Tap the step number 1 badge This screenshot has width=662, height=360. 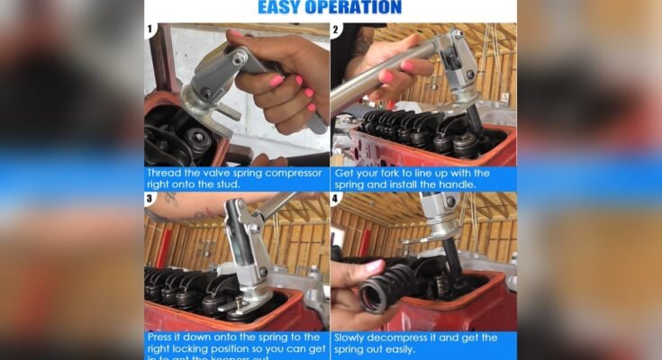coord(151,30)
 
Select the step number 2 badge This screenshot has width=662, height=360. coord(336,30)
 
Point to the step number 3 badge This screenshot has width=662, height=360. coord(151,199)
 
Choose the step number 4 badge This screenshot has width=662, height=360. coord(336,199)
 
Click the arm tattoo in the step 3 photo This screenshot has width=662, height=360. coord(169,199)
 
